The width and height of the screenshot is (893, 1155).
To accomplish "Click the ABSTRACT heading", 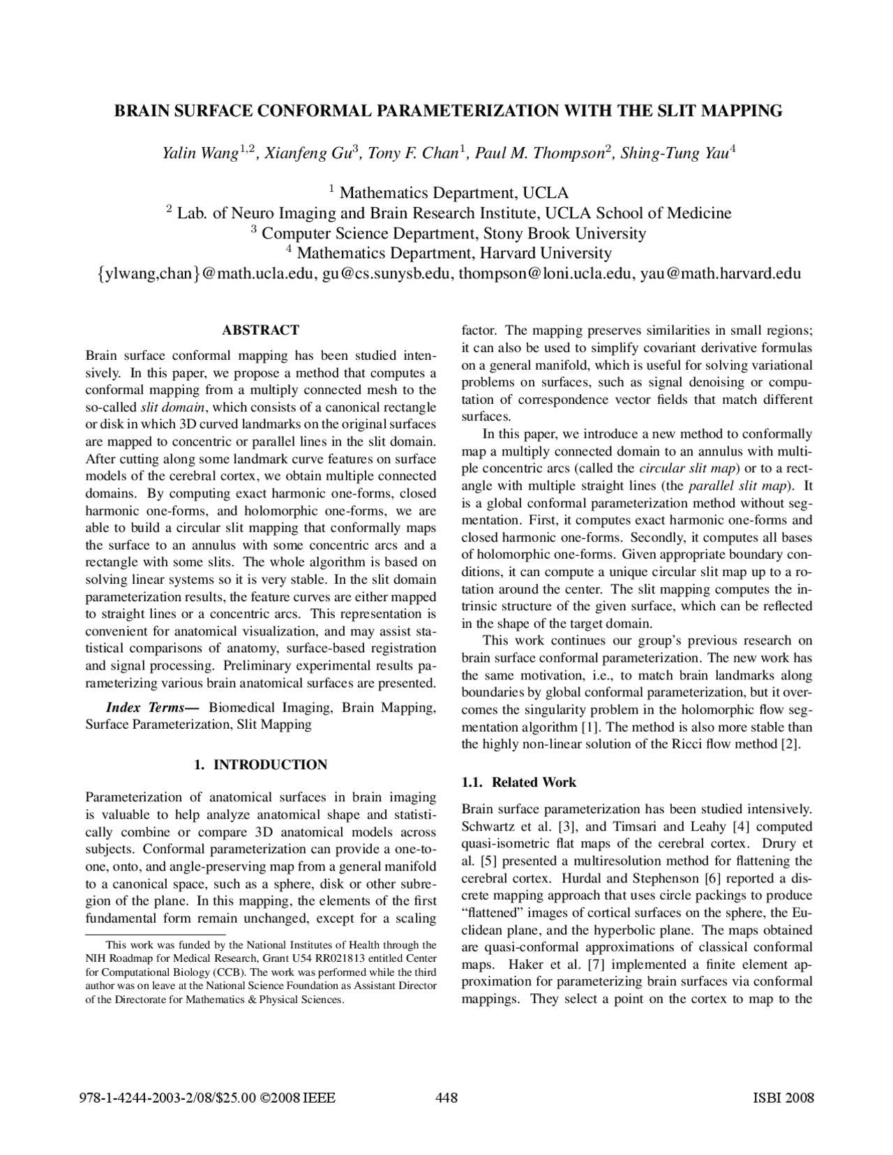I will [260, 330].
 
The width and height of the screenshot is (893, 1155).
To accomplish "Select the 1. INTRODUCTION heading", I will [260, 764].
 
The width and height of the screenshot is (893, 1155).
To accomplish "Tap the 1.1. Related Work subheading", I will [518, 782].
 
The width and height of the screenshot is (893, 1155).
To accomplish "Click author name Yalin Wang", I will [200, 153].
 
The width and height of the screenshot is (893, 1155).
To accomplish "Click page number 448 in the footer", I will [446, 1099].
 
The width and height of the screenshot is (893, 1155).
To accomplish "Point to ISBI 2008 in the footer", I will [784, 1099].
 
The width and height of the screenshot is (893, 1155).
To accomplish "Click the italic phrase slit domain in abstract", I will [172, 407].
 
